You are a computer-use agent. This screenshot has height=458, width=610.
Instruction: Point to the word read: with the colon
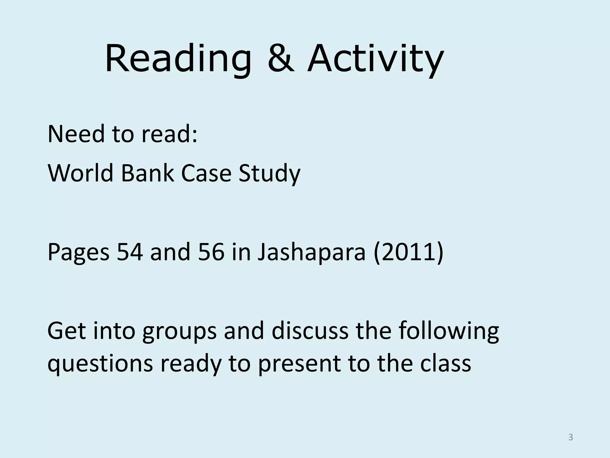point(169,134)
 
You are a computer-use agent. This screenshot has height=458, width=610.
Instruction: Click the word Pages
point(78,252)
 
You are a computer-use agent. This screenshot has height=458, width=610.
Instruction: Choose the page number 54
point(130,252)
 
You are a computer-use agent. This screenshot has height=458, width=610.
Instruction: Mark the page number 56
point(211,252)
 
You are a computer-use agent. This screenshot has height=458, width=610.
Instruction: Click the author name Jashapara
point(311,252)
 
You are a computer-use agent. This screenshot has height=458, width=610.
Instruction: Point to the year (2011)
point(408,252)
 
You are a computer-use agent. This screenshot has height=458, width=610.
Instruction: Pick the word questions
point(100,364)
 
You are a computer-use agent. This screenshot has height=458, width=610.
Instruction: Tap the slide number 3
point(570,437)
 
